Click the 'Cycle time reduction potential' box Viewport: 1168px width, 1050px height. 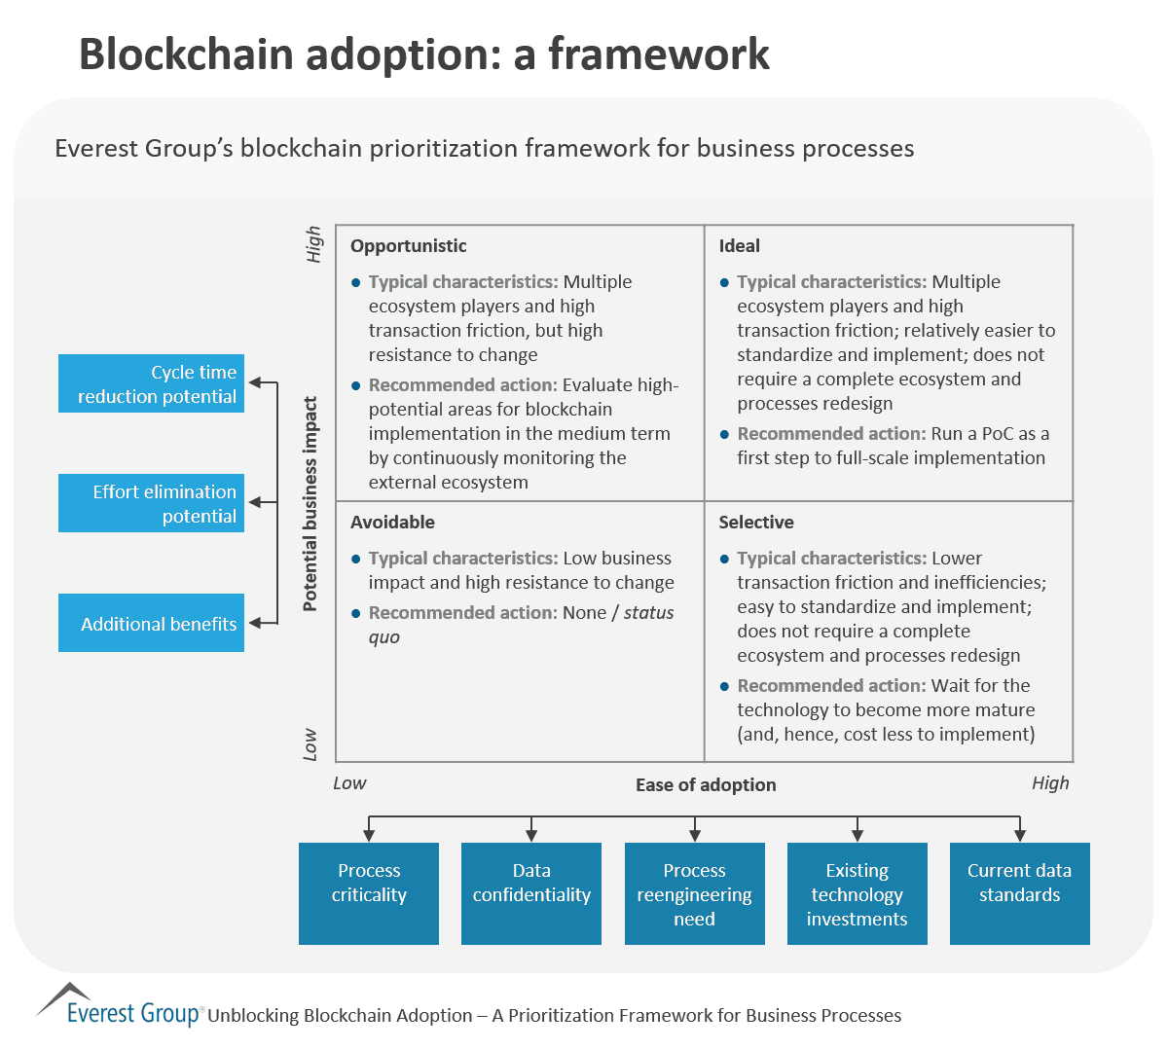tap(151, 383)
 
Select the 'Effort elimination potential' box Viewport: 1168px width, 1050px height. tap(151, 503)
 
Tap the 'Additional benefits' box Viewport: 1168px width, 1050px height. tap(151, 623)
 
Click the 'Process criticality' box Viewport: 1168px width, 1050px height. tap(368, 893)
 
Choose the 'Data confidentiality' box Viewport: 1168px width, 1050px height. tap(530, 893)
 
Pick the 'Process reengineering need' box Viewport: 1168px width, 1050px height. tap(694, 893)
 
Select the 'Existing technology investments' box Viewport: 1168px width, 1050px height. tap(857, 893)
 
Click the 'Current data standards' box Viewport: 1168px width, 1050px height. tap(1019, 893)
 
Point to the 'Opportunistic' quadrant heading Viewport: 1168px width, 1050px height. tap(408, 246)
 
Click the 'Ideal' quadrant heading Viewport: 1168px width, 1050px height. tap(739, 246)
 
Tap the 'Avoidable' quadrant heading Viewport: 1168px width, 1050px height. tap(392, 523)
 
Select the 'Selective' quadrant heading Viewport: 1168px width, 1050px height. tap(756, 523)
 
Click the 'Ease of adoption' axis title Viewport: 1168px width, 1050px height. tap(706, 785)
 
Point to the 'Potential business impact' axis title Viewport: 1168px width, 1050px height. tap(310, 503)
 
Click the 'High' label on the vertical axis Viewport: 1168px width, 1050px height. tap(313, 244)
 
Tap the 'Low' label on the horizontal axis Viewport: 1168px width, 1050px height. tap(349, 783)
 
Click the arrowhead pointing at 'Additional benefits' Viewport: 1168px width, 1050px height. tap(256, 623)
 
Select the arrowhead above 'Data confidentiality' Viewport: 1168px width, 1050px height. tap(531, 834)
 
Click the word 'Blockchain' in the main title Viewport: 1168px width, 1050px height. tap(186, 54)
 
